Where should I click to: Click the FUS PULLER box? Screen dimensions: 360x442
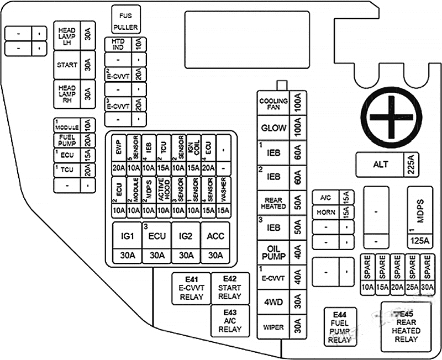(x=125, y=19)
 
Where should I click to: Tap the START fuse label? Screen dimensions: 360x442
(x=67, y=65)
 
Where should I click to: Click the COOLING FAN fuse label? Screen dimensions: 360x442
(x=273, y=104)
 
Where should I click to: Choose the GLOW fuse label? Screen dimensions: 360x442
(x=273, y=128)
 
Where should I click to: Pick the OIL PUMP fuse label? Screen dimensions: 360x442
(x=273, y=252)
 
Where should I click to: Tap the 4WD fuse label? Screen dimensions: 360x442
(x=273, y=302)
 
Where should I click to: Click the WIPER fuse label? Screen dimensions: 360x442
(x=273, y=327)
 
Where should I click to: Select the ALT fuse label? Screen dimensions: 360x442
(x=381, y=164)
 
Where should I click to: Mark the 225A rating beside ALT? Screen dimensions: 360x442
(x=411, y=164)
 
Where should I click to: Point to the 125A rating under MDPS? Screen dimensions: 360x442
(x=419, y=241)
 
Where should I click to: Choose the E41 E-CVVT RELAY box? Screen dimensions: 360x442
(x=191, y=288)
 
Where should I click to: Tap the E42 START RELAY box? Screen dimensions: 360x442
(x=230, y=288)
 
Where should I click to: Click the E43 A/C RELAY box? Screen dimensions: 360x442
(x=230, y=321)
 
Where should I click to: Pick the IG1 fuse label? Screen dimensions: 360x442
(x=128, y=236)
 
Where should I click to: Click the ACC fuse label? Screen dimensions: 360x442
(x=215, y=236)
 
